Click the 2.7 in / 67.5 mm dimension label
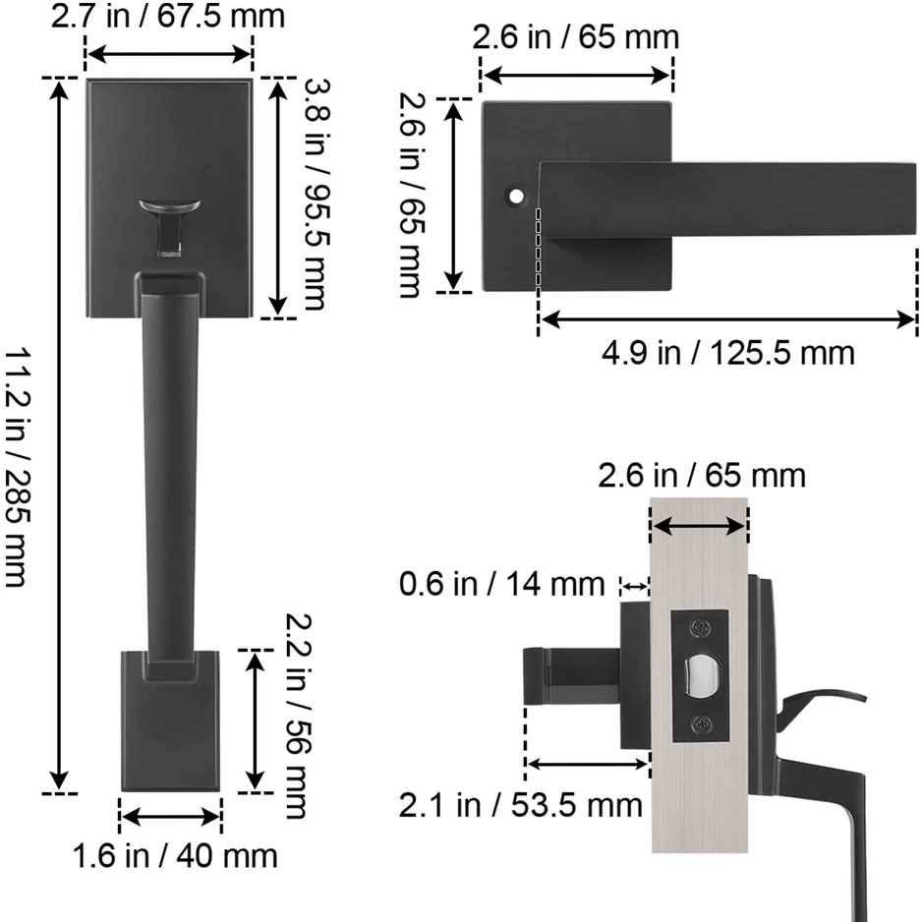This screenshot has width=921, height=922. click(x=168, y=16)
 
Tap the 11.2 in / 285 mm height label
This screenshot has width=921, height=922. click(x=17, y=468)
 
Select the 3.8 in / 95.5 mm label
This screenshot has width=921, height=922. click(x=316, y=195)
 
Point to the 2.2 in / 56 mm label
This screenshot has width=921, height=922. click(x=298, y=716)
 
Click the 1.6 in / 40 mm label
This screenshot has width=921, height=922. click(x=175, y=855)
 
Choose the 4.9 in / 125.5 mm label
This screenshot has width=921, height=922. click(x=728, y=353)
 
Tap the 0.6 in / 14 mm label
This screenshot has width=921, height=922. click(x=501, y=584)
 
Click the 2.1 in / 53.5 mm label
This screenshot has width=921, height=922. click(x=521, y=805)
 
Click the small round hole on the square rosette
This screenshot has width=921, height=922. click(x=516, y=197)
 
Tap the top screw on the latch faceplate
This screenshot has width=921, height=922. click(x=701, y=628)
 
